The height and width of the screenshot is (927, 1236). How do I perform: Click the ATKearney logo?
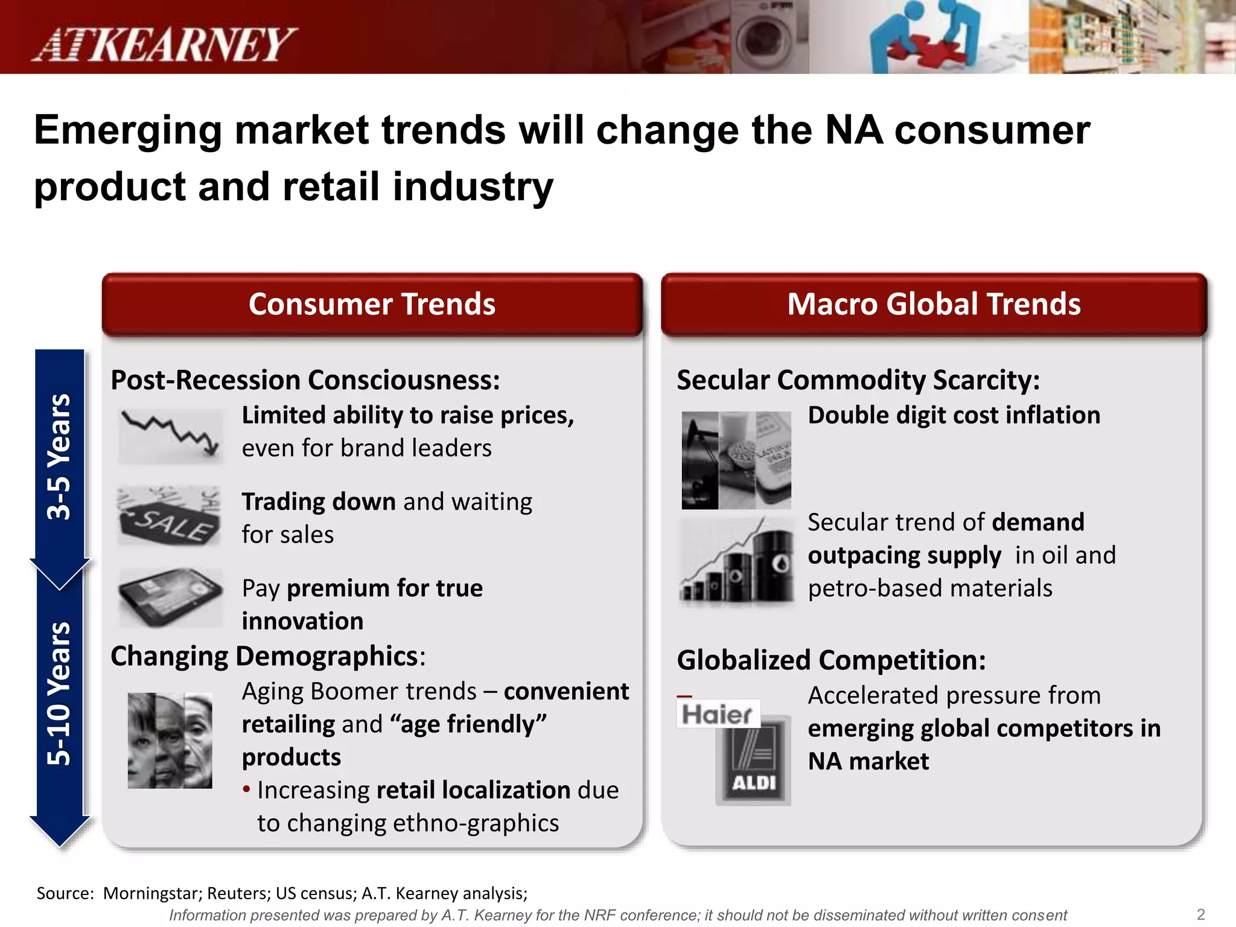(164, 45)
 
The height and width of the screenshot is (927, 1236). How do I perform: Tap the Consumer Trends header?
(372, 304)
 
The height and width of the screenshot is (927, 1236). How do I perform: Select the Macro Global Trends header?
(934, 304)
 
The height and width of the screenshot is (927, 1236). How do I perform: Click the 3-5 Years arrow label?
(59, 457)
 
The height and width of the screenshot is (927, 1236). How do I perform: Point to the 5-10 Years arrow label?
(59, 694)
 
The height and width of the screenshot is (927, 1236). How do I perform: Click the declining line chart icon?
(171, 435)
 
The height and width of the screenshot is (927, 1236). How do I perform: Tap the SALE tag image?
(170, 517)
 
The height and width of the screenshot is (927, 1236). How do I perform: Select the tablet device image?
(171, 597)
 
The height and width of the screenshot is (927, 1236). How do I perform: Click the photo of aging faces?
(170, 740)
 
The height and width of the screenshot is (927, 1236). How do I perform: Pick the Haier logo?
(717, 715)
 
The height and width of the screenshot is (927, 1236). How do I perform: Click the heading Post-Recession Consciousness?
(305, 380)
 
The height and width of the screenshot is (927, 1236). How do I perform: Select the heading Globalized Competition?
(831, 660)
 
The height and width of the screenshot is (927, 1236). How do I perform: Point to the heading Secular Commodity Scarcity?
(858, 380)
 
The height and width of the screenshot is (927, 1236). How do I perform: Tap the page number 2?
(1200, 914)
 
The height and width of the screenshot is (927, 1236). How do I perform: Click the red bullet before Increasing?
(246, 789)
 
